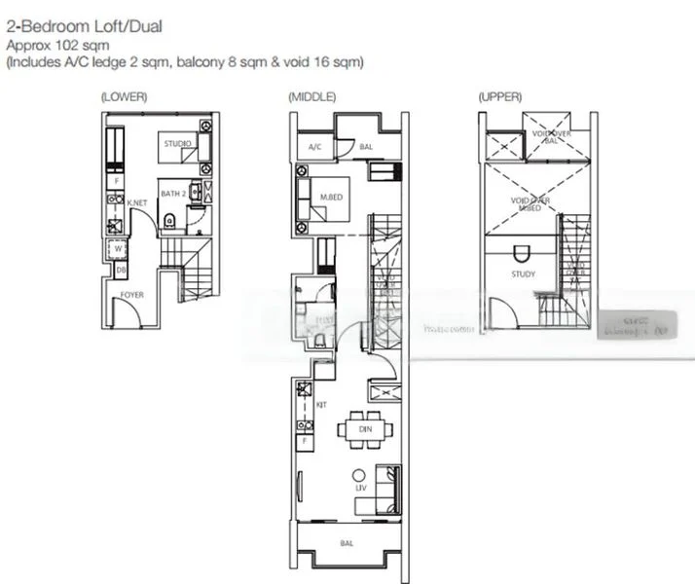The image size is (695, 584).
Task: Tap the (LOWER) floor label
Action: pos(121,97)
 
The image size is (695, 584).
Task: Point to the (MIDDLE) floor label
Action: pos(311,97)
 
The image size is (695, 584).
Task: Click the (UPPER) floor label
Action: pos(499,97)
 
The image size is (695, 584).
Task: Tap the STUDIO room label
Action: pos(178,144)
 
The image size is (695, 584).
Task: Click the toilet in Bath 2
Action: pos(170,221)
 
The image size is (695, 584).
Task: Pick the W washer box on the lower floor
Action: pos(119,248)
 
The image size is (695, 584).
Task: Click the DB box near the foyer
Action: pos(122,270)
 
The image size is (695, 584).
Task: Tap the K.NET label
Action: pos(136,203)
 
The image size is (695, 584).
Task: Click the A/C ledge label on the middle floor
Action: pos(314,147)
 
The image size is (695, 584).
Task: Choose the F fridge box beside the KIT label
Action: pos(305,441)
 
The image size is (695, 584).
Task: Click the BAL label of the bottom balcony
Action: pos(347,543)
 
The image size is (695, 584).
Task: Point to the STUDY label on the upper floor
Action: pos(523,274)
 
